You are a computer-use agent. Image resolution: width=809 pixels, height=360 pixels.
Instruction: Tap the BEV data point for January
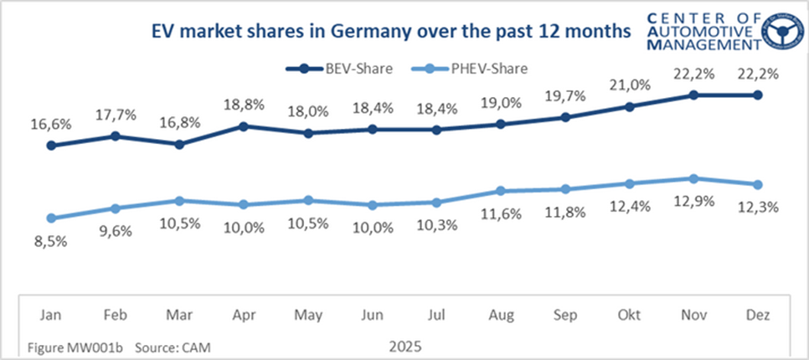pyautogui.click(x=52, y=146)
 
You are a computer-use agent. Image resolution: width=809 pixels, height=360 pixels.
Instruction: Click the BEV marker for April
pyautogui.click(x=244, y=126)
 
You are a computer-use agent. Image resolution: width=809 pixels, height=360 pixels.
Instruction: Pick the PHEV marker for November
pyautogui.click(x=693, y=178)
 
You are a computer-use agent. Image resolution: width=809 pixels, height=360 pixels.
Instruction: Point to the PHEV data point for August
pyautogui.click(x=501, y=191)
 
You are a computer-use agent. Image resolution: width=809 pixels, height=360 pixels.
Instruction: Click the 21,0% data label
pyautogui.click(x=628, y=85)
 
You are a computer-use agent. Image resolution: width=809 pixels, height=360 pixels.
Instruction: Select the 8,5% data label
pyautogui.click(x=52, y=243)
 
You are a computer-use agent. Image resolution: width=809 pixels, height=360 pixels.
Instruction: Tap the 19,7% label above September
pyautogui.click(x=565, y=95)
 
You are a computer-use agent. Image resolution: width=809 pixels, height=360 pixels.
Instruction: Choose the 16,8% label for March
pyautogui.click(x=179, y=122)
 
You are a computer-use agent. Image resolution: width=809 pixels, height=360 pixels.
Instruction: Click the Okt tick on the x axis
pyautogui.click(x=629, y=315)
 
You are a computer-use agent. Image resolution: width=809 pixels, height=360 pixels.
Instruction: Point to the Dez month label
pyautogui.click(x=757, y=315)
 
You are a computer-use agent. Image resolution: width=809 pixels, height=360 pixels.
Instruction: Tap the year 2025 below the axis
pyautogui.click(x=404, y=345)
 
